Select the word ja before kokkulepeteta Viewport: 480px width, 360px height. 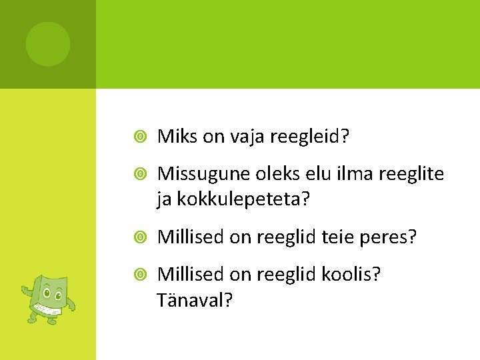click(163, 199)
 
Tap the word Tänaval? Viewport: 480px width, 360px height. click(195, 299)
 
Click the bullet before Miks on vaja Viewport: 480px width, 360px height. click(141, 137)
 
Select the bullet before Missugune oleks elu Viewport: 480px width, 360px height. click(141, 175)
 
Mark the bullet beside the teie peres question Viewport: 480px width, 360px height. click(141, 237)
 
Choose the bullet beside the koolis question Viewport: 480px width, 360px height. click(141, 275)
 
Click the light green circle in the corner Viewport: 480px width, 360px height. click(48, 44)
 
